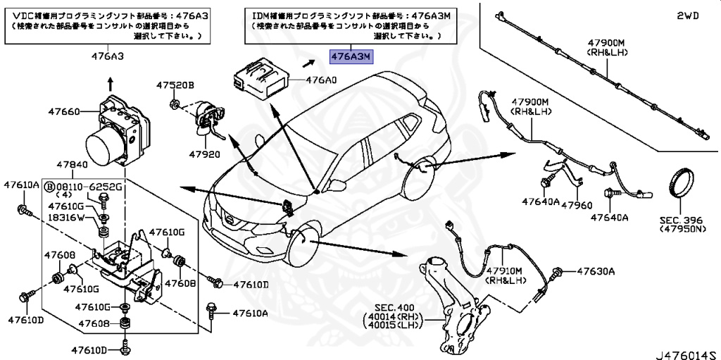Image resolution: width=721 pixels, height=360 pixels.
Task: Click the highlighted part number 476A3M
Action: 353,56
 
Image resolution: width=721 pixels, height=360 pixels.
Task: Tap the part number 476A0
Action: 320,80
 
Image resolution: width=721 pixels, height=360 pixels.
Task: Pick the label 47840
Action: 73,164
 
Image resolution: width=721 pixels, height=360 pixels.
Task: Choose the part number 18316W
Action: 66,218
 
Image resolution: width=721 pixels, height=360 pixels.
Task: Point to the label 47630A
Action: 596,271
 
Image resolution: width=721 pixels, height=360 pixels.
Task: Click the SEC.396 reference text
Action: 682,220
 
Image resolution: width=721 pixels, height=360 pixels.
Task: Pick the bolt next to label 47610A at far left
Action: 23,210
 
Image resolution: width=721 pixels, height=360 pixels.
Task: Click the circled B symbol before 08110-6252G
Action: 50,187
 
